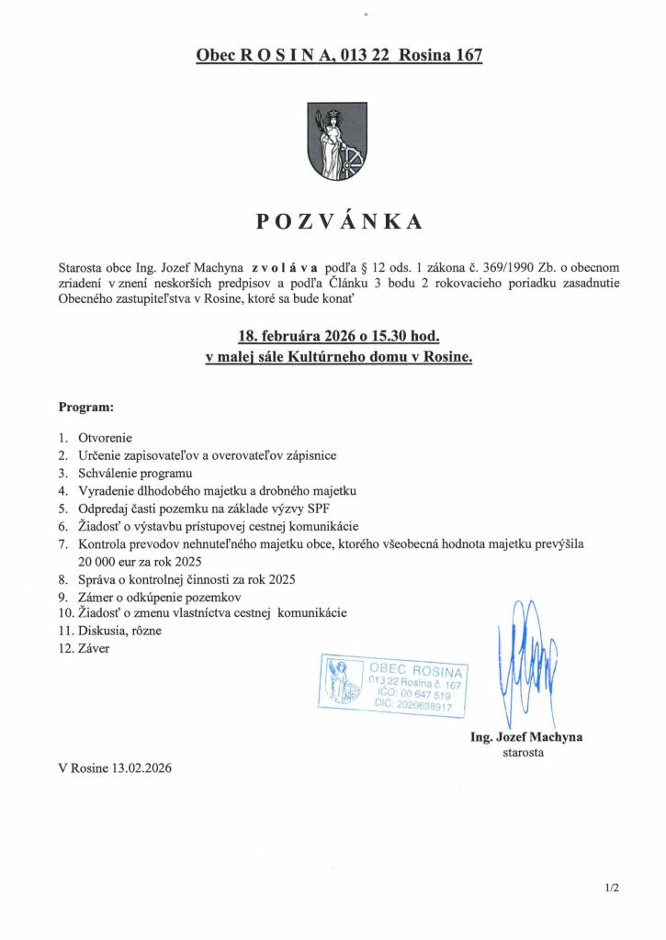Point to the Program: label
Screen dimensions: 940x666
[x=86, y=406]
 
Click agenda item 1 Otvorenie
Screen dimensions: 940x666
[x=107, y=439]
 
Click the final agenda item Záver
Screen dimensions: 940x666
[x=96, y=648]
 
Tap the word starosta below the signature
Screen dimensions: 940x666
[x=525, y=753]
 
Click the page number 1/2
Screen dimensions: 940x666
[x=614, y=888]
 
